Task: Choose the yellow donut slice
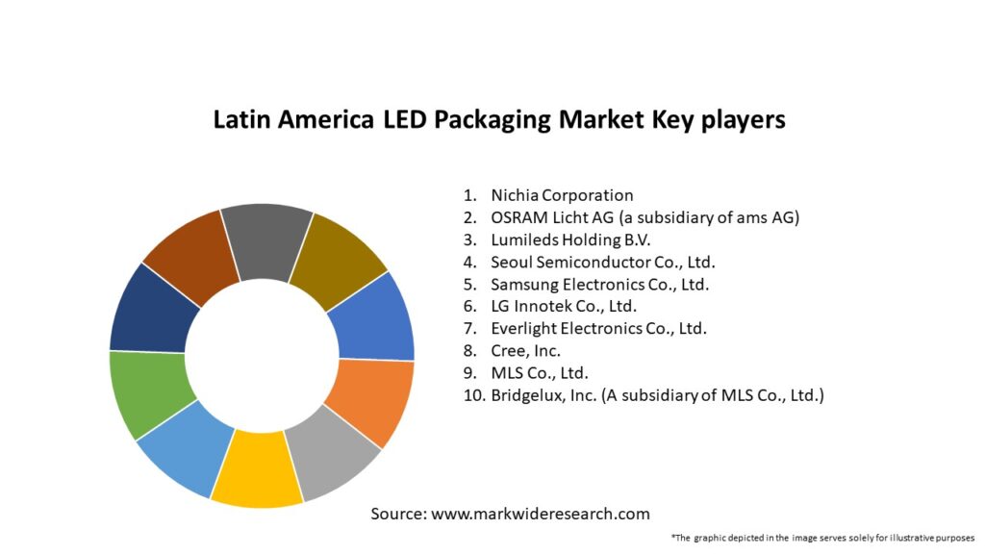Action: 258,471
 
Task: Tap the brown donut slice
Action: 192,258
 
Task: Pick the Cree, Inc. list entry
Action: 525,350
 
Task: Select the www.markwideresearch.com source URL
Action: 541,514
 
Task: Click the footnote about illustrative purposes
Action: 823,537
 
